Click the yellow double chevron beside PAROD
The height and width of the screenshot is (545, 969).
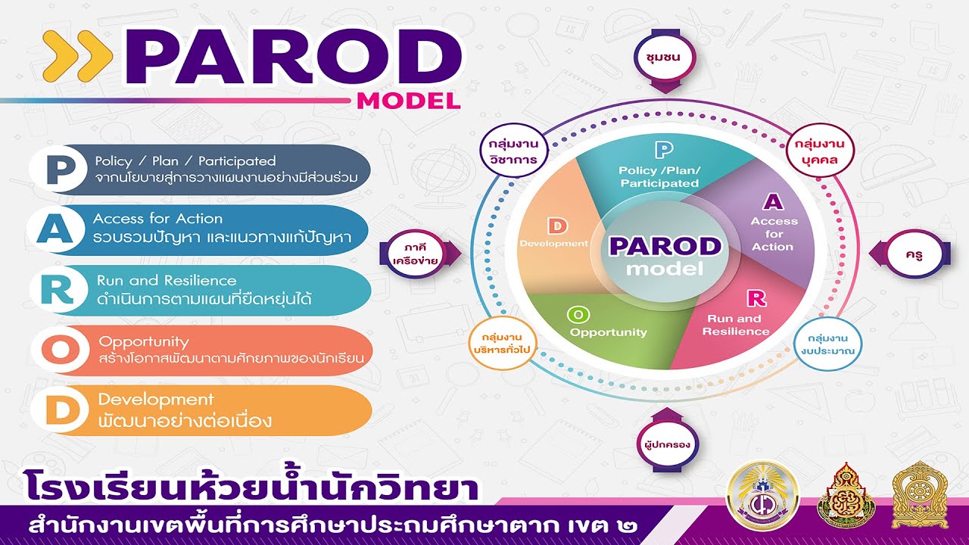(78, 56)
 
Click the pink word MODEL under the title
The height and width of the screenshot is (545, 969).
(408, 101)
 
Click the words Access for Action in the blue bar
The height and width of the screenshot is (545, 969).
(157, 219)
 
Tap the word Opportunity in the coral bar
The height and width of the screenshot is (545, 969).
(144, 341)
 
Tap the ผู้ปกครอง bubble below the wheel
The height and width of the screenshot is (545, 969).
(666, 445)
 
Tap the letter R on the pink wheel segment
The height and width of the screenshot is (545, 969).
(756, 298)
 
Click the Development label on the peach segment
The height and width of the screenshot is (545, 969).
(553, 244)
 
